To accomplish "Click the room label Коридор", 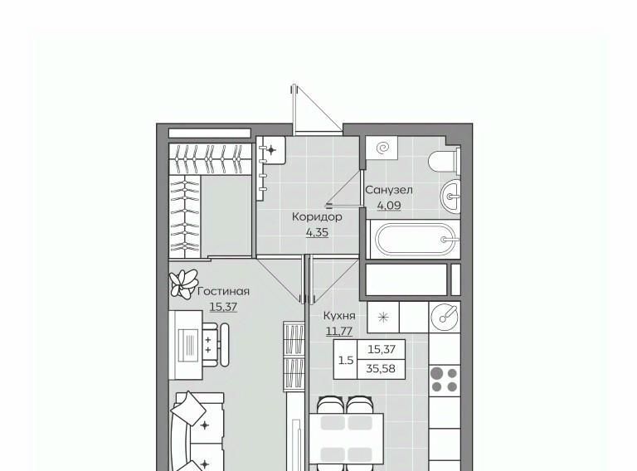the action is [317, 216].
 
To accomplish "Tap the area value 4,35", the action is [317, 233].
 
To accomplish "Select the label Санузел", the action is [389, 190].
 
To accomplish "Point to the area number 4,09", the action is [389, 206].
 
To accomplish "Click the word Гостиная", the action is [223, 292].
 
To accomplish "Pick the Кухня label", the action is [339, 315].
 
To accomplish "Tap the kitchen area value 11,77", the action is [339, 332].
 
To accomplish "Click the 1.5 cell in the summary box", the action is [346, 360].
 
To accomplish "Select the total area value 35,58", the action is [381, 369].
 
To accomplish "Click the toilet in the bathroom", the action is [445, 162].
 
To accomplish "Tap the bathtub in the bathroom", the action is [415, 240].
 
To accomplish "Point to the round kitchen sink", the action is [445, 317].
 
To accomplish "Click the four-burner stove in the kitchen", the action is [445, 380].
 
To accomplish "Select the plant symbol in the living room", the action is [183, 284].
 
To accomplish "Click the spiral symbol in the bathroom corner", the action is [382, 148].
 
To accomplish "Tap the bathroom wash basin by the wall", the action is [450, 197].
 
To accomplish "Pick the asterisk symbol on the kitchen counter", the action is [383, 317].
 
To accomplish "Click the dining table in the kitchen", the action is [347, 438].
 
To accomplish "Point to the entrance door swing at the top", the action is [317, 108].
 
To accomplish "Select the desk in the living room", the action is [186, 345].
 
